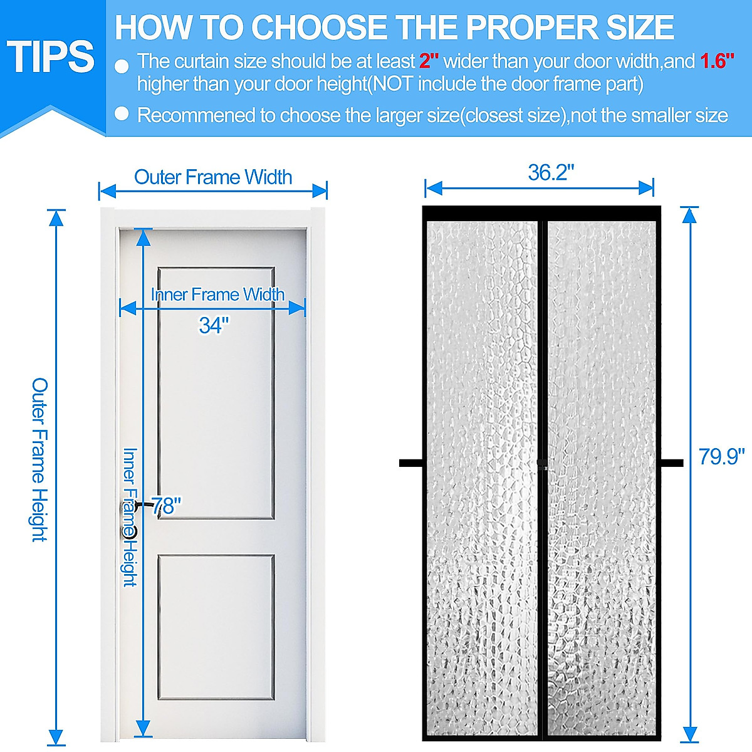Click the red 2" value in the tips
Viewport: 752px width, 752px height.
click(429, 61)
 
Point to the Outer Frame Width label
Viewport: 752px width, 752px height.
click(213, 177)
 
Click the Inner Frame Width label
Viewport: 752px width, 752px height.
click(217, 294)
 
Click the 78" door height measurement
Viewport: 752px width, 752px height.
click(167, 505)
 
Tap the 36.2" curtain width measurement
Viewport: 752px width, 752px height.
click(551, 172)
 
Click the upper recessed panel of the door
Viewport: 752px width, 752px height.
click(216, 393)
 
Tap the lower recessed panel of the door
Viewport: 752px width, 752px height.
click(216, 627)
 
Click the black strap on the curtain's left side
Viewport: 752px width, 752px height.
click(411, 463)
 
